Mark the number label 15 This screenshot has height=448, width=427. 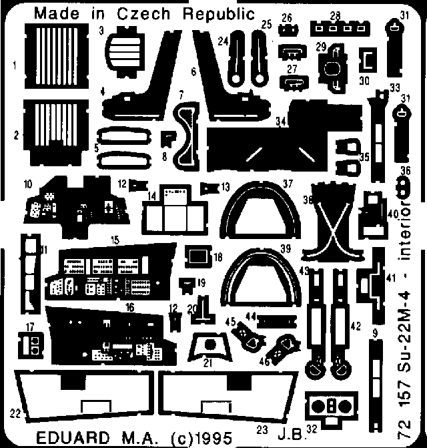(115, 238)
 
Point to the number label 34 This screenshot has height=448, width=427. (280, 122)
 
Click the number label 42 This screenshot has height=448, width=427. (356, 325)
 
